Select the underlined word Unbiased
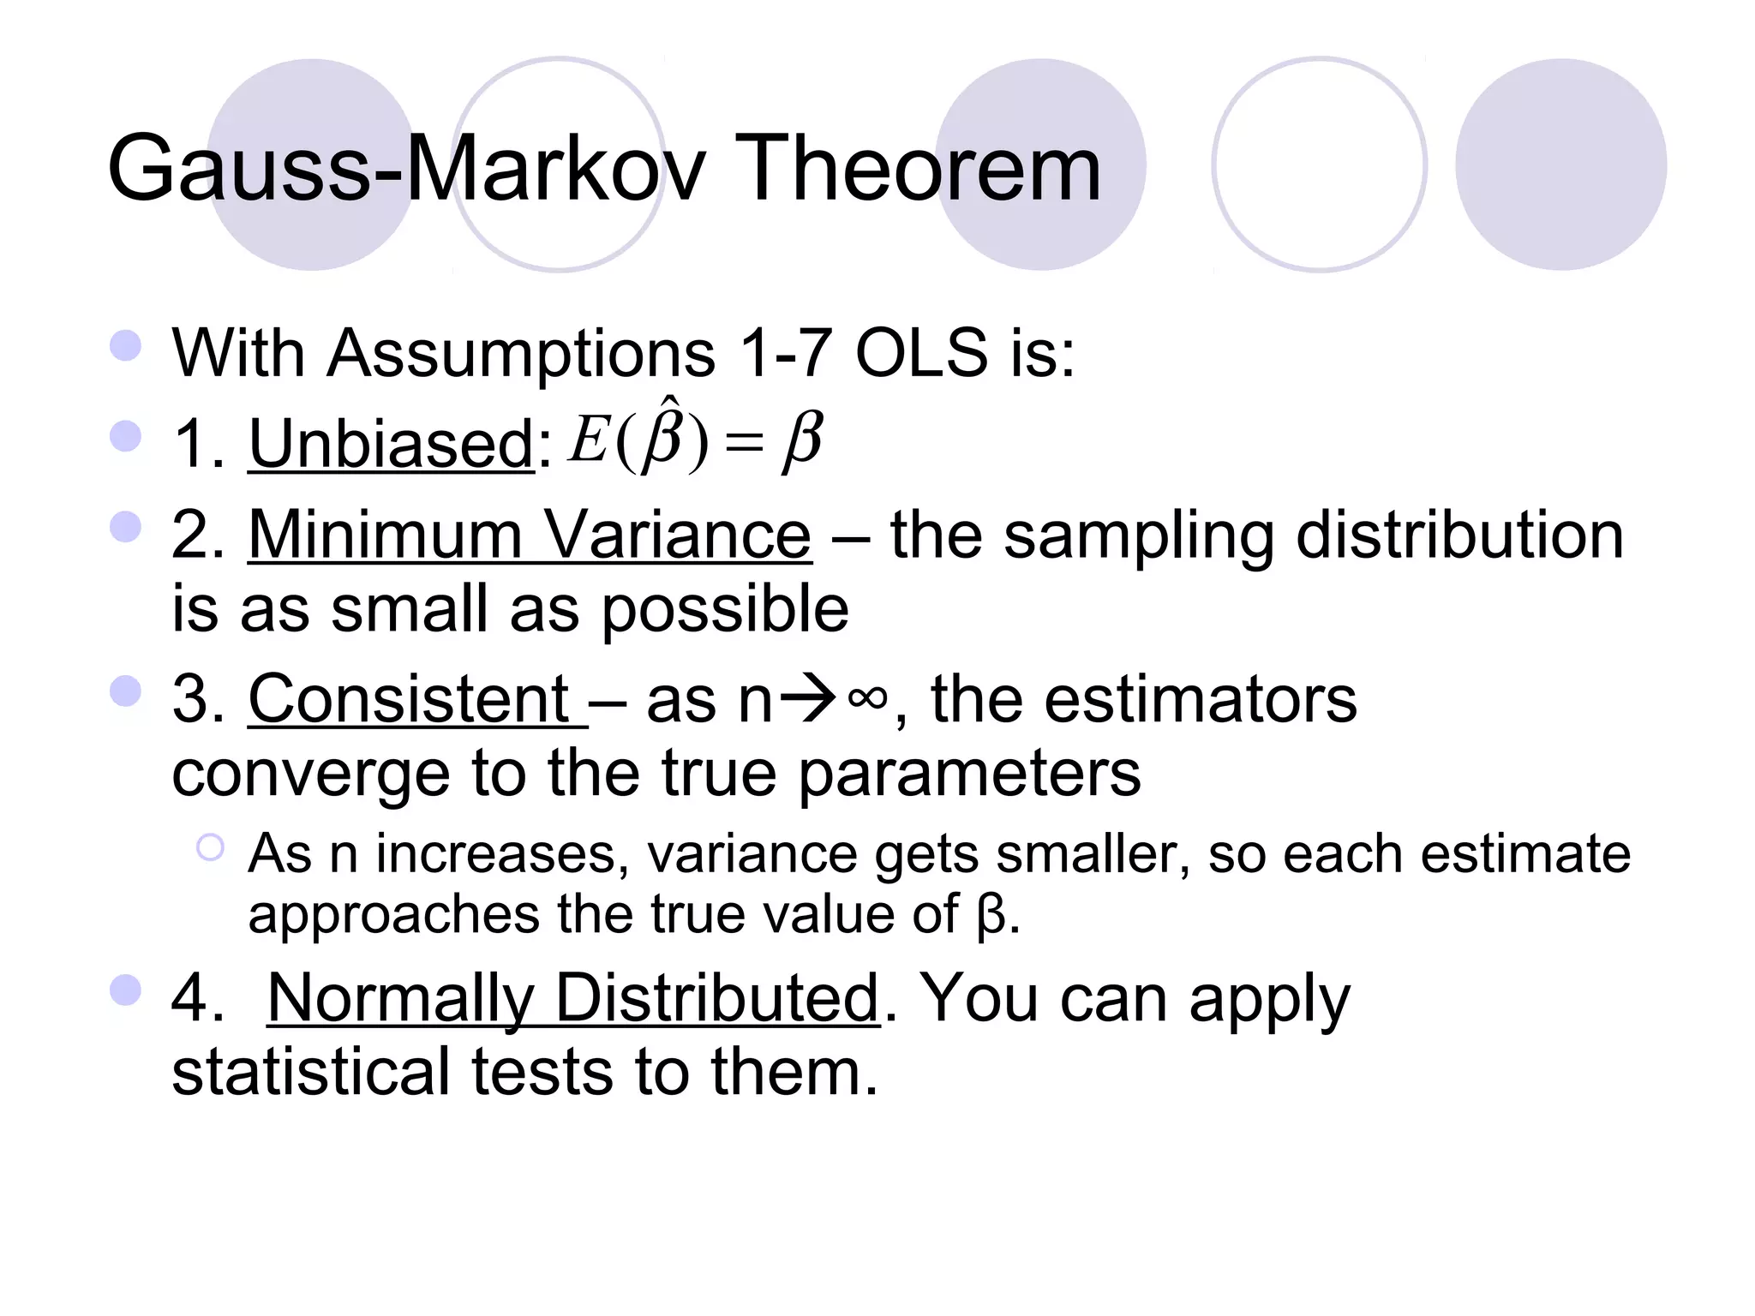(x=392, y=444)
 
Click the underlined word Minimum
(x=385, y=535)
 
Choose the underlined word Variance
(x=678, y=535)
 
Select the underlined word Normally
(x=401, y=999)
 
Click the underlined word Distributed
(x=716, y=999)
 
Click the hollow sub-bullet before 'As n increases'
(x=210, y=848)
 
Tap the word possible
(x=725, y=609)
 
